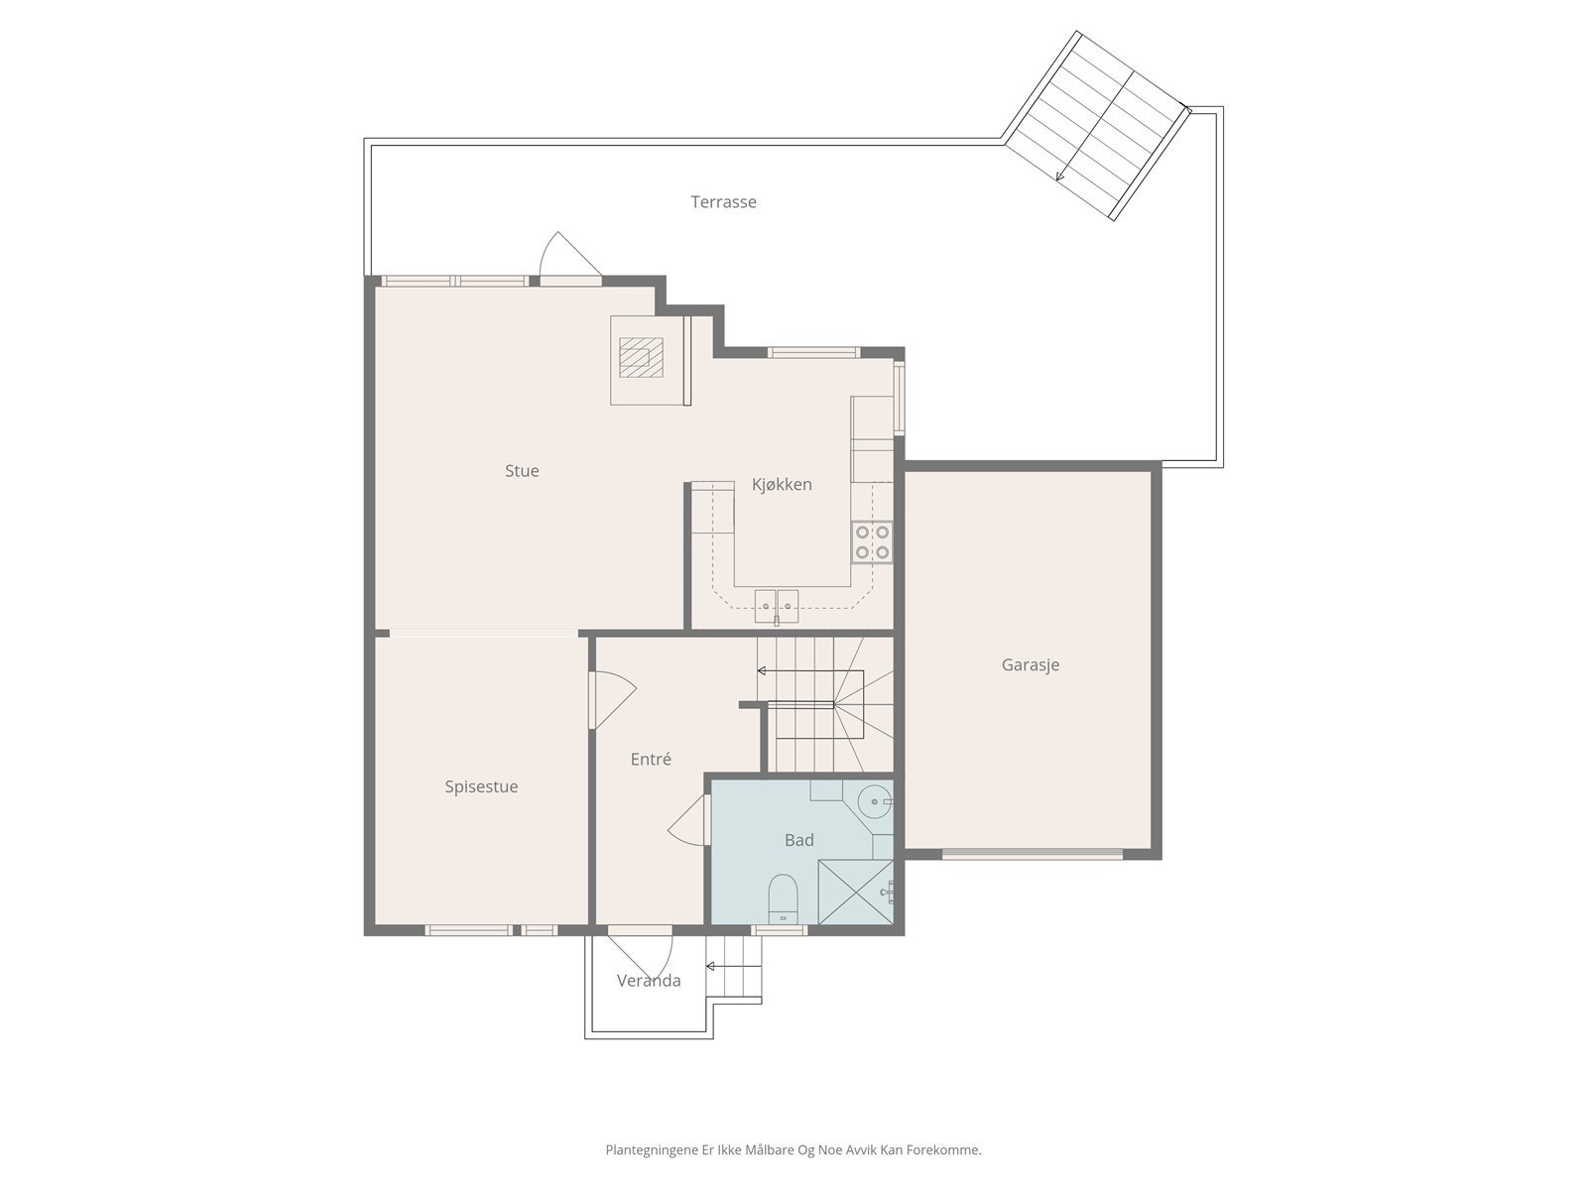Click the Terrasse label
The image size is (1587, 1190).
click(723, 201)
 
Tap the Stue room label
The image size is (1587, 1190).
click(522, 470)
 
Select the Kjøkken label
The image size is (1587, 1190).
click(782, 484)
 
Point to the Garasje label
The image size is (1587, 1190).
click(1031, 664)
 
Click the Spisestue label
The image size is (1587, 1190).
click(481, 786)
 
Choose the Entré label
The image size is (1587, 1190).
click(651, 759)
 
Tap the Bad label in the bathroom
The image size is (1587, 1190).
click(798, 840)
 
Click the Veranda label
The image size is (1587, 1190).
click(649, 981)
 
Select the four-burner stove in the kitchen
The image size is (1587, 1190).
click(872, 541)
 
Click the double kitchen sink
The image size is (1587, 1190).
click(777, 606)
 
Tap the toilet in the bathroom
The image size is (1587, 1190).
click(782, 898)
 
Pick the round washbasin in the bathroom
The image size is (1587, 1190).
click(876, 801)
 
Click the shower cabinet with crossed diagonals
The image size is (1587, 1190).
click(855, 892)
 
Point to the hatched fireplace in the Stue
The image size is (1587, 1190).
click(641, 357)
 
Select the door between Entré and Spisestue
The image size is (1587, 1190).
click(611, 699)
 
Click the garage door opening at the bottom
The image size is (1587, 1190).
click(1033, 853)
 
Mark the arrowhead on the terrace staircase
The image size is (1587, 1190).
click(1060, 176)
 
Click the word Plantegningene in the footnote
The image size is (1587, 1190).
click(652, 1149)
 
